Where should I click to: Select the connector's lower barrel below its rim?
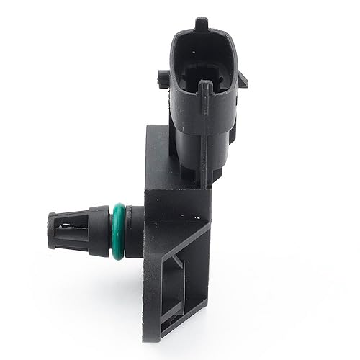coord(202,151)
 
